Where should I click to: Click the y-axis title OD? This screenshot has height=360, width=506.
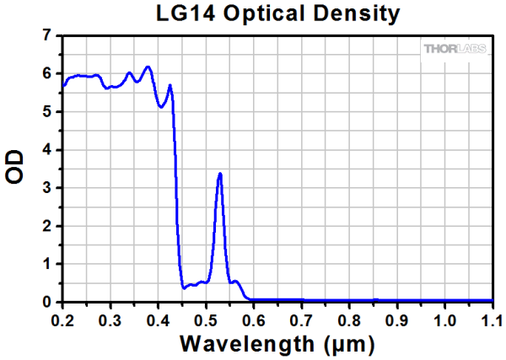coord(16,166)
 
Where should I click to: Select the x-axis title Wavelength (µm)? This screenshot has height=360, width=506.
coord(277,345)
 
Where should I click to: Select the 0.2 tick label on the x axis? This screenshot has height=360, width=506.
coord(62,320)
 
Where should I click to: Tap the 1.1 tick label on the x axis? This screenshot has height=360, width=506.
coord(493,320)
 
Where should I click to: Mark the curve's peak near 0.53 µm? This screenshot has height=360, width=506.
coord(220,174)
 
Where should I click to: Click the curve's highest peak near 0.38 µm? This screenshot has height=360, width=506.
coord(148,67)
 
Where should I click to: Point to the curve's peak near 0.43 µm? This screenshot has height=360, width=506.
coord(170,85)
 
